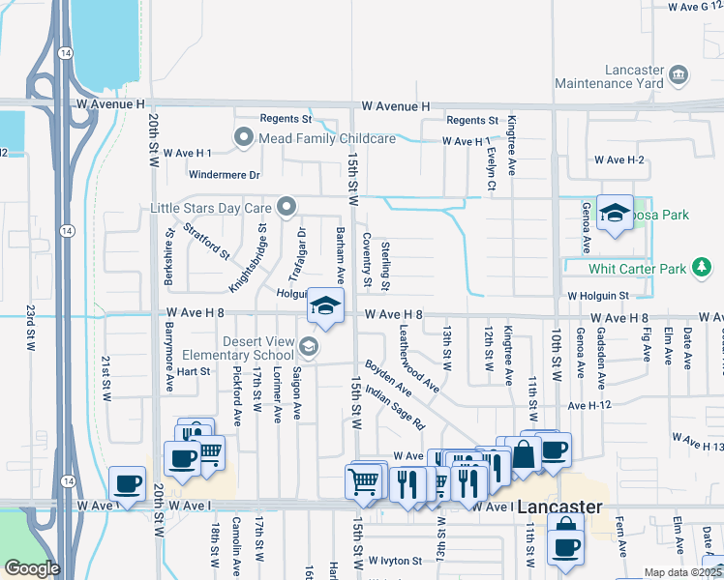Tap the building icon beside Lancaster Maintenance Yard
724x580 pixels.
tap(678, 74)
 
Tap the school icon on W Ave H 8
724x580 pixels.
tap(326, 306)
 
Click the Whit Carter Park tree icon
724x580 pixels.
tap(701, 268)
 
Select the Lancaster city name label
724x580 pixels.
tap(559, 507)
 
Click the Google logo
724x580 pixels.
tap(32, 568)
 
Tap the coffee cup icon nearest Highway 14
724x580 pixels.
tap(127, 482)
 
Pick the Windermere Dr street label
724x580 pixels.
tap(226, 176)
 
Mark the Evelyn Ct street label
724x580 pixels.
tap(491, 154)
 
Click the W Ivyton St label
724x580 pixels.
tap(395, 560)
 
